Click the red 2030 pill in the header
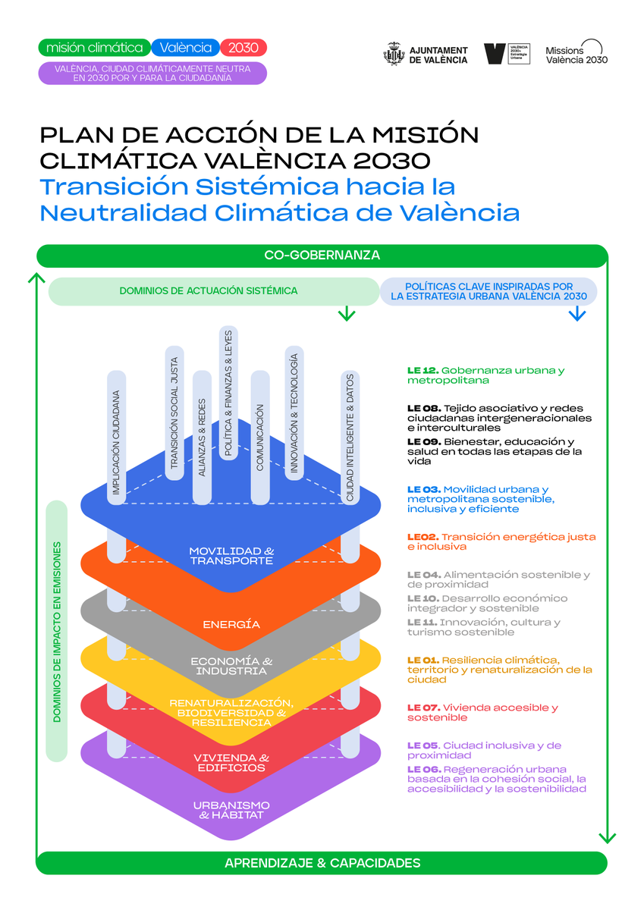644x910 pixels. tap(243, 48)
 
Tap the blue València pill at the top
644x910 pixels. tap(186, 48)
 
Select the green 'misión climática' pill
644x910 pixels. tap(95, 48)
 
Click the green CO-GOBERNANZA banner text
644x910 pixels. tap(322, 255)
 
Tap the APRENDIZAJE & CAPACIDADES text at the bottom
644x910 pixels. tap(322, 863)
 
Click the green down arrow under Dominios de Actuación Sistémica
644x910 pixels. tap(347, 313)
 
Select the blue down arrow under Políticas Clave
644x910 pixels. tap(576, 313)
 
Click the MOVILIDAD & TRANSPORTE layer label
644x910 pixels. tap(231, 555)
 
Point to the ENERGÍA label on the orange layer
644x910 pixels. tap(231, 625)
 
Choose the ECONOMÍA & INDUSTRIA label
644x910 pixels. tap(231, 666)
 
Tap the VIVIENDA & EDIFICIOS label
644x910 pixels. tap(231, 763)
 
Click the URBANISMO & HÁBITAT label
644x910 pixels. tap(231, 810)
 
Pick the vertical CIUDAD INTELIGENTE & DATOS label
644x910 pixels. tap(350, 437)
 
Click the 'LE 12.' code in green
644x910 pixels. tap(423, 371)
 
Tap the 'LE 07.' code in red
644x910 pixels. tap(423, 708)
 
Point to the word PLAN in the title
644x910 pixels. tap(71, 135)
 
